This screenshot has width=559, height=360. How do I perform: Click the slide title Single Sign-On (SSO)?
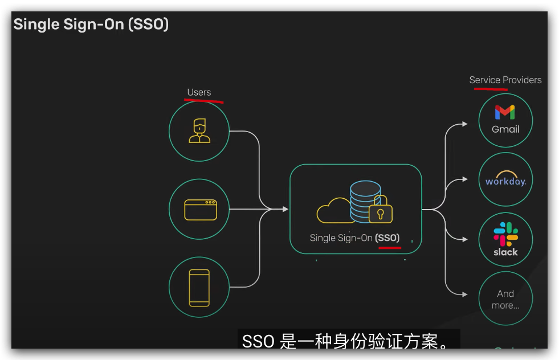pos(91,24)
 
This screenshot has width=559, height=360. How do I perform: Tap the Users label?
pos(199,92)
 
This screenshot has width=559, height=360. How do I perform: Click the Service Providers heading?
pos(505,80)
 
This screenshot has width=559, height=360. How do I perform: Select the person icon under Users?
pos(199,131)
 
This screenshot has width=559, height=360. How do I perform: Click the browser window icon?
pos(201,209)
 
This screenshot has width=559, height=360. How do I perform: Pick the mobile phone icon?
pos(199,288)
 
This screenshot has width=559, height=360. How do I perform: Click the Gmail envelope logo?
pos(505,112)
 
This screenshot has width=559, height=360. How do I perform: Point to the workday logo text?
pos(505,181)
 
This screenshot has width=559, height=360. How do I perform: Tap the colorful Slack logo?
pos(505,234)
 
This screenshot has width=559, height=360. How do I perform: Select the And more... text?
pos(505,300)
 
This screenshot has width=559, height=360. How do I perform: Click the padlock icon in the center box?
pos(381,211)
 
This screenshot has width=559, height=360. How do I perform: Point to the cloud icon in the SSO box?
pos(334,211)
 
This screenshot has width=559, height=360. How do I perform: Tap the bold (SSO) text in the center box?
pos(388,238)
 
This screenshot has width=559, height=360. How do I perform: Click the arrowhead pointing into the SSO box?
pos(285,209)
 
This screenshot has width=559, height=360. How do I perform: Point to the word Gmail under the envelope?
pos(505,129)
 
